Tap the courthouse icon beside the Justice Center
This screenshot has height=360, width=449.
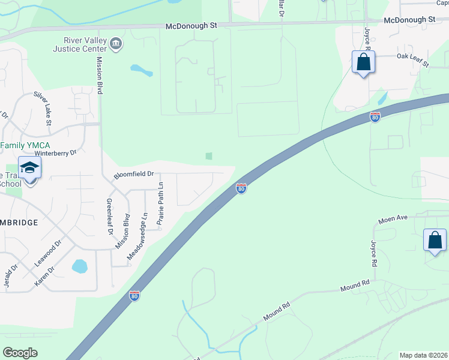[116, 43]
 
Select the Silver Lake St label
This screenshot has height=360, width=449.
[44, 108]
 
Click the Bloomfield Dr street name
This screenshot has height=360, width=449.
[134, 175]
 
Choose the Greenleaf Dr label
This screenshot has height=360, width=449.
[109, 216]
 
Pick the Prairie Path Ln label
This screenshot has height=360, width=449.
[161, 206]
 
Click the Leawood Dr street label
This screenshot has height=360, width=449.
[48, 253]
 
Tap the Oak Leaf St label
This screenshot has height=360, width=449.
[412, 59]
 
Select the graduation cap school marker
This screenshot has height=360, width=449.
[29, 169]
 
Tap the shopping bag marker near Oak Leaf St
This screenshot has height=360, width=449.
[363, 62]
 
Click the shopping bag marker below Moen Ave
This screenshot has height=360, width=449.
[435, 241]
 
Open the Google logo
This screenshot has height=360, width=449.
[20, 353]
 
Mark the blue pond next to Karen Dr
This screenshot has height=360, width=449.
[80, 266]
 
